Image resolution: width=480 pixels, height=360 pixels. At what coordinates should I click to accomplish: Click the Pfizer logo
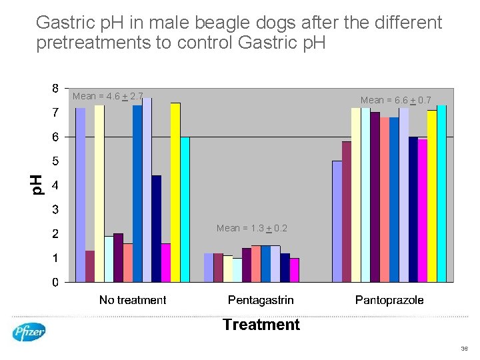29,331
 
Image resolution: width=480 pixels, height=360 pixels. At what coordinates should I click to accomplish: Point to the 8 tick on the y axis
55,88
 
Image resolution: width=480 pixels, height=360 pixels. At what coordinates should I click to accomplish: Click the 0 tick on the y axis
55,282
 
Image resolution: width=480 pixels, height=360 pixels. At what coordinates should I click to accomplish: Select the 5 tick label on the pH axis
55,161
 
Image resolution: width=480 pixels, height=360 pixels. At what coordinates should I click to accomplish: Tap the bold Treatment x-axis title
261,325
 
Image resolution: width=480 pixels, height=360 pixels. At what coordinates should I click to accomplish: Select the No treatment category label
133,300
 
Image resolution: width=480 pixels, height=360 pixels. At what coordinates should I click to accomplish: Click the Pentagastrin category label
261,300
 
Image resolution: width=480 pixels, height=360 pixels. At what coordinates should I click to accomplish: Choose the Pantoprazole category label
389,300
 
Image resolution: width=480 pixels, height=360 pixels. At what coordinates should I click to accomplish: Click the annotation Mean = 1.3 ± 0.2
252,228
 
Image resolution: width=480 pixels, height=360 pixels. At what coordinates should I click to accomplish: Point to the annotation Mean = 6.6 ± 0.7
396,100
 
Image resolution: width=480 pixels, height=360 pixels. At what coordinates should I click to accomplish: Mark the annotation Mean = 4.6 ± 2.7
107,96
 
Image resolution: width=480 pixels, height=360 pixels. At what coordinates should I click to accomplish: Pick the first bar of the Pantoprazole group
337,221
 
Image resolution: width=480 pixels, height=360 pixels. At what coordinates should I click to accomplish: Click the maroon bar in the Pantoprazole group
347,211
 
